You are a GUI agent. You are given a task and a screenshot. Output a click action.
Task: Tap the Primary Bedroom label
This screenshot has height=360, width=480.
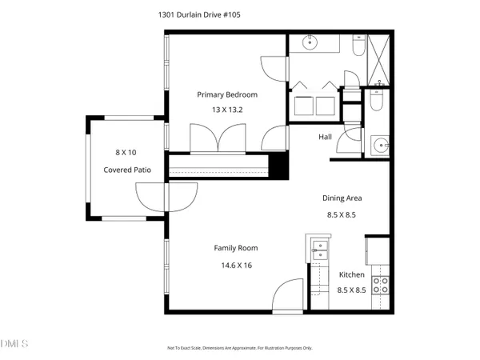(x=225, y=94)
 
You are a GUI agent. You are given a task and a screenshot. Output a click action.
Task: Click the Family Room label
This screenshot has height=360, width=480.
(x=235, y=248)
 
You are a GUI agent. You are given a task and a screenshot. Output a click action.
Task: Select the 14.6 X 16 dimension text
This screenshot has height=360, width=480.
(x=235, y=266)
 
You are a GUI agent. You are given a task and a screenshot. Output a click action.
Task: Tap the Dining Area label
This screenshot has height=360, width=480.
(x=345, y=198)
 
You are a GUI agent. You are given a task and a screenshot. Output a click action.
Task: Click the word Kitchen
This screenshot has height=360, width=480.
(x=351, y=274)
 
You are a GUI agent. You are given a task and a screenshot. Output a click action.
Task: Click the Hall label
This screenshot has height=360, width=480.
(x=325, y=138)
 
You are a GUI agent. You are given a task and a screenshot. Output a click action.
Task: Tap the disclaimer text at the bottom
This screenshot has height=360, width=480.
(x=239, y=348)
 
